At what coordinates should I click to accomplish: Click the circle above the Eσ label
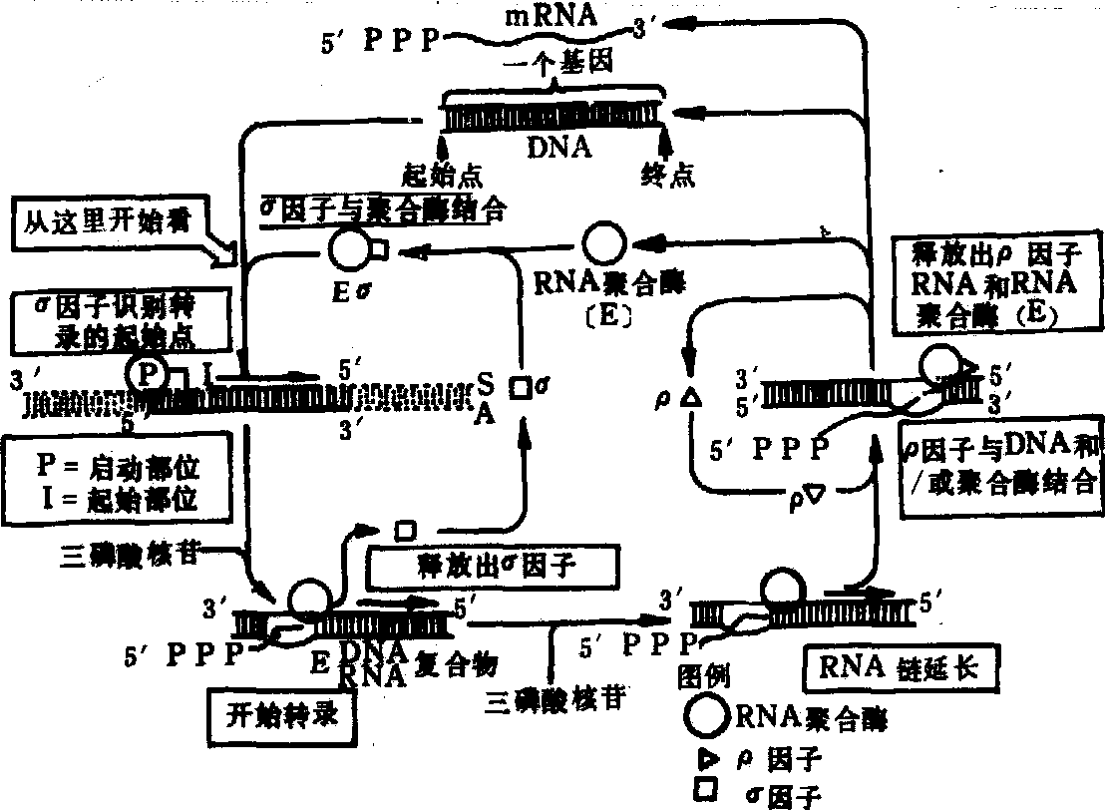pyautogui.click(x=349, y=249)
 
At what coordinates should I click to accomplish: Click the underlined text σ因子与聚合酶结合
pyautogui.click(x=383, y=210)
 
